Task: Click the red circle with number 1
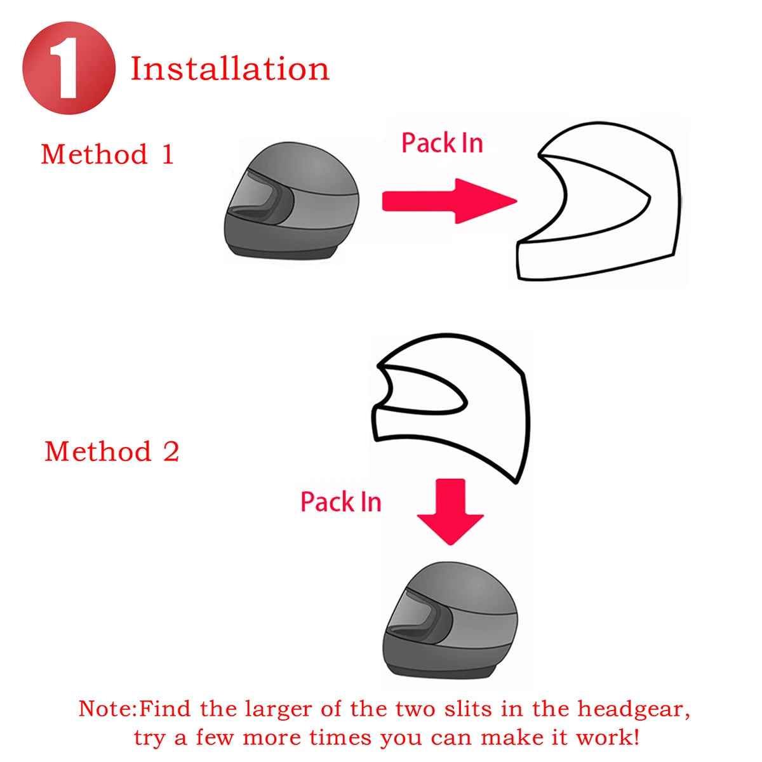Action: pos(69,68)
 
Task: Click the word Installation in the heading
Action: pos(230,69)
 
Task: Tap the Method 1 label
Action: pos(107,154)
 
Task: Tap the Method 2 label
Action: pos(112,451)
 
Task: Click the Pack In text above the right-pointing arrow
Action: pos(442,143)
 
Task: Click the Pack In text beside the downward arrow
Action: pos(340,502)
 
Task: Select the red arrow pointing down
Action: pos(450,512)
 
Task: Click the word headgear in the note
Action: pos(632,708)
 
